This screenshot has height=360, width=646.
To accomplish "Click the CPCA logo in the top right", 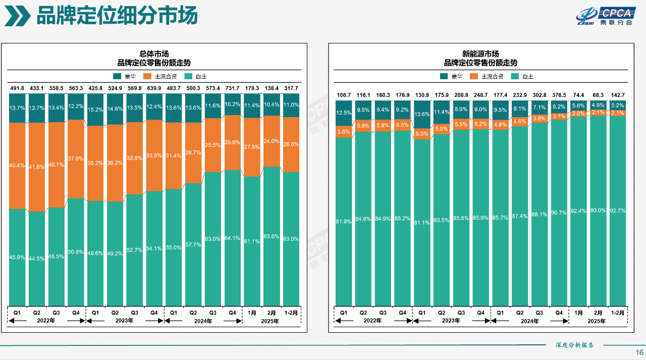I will (603, 16).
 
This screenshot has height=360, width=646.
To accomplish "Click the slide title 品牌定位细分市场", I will (117, 17).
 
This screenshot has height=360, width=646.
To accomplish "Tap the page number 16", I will (639, 352).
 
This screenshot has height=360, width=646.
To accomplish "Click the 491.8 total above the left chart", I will (17, 89).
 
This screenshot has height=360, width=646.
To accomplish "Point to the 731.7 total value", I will (233, 89).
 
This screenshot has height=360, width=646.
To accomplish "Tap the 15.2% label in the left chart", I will (95, 110).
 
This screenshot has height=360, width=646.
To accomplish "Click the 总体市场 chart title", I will (154, 54).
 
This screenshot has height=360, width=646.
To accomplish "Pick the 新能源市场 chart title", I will (480, 54).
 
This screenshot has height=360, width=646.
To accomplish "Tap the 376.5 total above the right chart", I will (559, 95).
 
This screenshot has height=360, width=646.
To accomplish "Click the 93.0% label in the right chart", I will (598, 210).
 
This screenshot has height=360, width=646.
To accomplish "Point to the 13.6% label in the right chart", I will (422, 114).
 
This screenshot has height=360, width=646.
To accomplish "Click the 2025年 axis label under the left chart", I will (272, 321).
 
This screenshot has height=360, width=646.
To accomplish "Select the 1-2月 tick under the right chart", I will (618, 313).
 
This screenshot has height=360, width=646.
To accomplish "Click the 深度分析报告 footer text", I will (574, 345).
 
